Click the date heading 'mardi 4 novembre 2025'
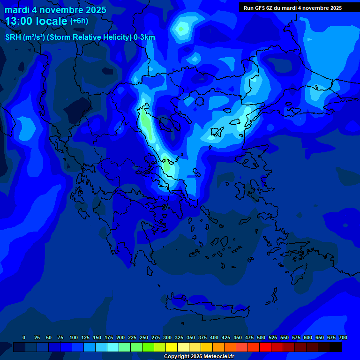(55, 10)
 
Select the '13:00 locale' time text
(36, 21)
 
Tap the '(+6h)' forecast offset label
(79, 21)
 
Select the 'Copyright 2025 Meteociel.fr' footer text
(199, 356)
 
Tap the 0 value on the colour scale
(24, 337)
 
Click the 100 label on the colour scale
(74, 337)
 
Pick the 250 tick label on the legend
(144, 337)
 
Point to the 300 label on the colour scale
(167, 337)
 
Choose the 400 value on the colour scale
(214, 337)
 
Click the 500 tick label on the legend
(261, 337)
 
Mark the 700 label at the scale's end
(343, 337)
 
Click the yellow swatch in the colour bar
(172, 347)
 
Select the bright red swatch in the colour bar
(265, 347)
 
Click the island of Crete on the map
(206, 307)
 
